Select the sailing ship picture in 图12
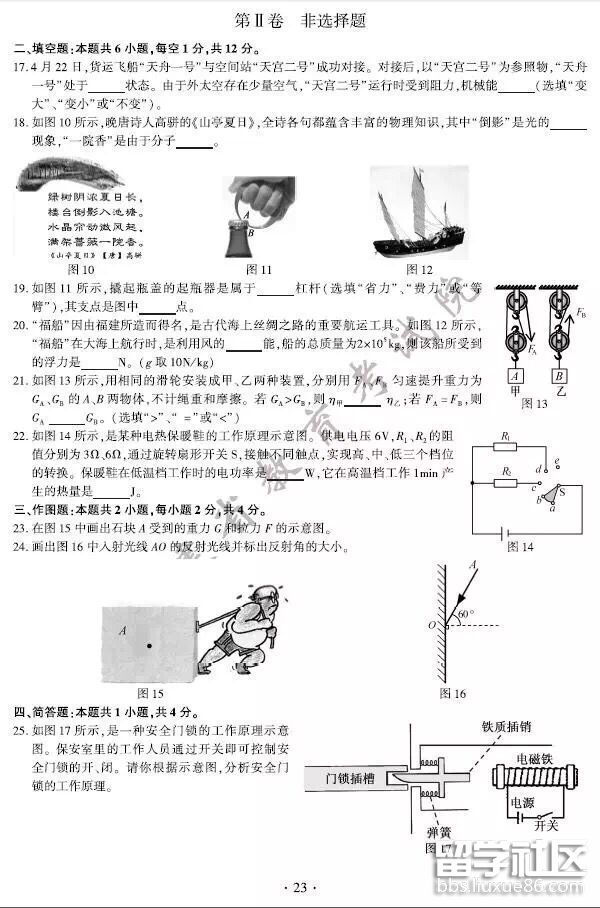click(x=418, y=213)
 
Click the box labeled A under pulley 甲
click(x=514, y=376)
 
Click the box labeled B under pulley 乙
click(x=560, y=376)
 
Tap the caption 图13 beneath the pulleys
click(x=535, y=403)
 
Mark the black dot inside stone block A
click(x=149, y=646)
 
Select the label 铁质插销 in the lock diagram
click(x=506, y=727)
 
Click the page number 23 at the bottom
click(x=300, y=886)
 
